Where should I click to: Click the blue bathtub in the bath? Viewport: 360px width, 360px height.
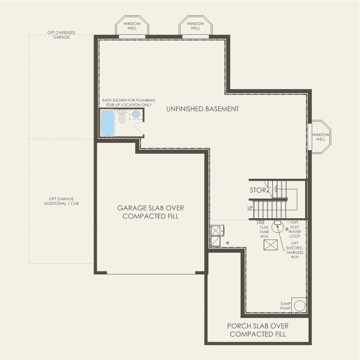tap(107, 123)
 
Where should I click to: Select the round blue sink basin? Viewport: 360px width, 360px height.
tap(136, 115)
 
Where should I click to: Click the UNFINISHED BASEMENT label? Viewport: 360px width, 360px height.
tap(202, 109)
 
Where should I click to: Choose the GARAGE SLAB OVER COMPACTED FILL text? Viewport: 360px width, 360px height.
tap(150, 212)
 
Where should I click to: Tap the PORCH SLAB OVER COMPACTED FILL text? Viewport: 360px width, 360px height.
tap(258, 330)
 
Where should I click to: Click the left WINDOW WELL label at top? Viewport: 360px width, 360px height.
tap(132, 26)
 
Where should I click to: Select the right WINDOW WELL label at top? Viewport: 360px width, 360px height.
tap(195, 26)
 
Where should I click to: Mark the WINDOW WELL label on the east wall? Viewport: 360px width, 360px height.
tap(321, 137)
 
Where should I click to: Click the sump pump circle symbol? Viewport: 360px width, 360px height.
tap(299, 306)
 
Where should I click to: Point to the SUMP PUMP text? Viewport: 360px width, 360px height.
tap(286, 306)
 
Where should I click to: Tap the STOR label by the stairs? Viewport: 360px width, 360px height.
tap(257, 190)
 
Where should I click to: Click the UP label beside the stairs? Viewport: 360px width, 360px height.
tap(250, 208)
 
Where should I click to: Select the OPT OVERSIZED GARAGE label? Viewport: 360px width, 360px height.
tap(61, 35)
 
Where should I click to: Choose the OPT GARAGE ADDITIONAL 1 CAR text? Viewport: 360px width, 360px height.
tap(61, 201)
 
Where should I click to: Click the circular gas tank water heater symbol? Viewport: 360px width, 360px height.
tap(278, 228)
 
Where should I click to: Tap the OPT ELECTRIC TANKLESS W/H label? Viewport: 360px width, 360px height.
tap(294, 250)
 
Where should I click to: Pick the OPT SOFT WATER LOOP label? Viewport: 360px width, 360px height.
tap(295, 229)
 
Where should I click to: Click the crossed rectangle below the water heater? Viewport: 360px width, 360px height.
tap(270, 245)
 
